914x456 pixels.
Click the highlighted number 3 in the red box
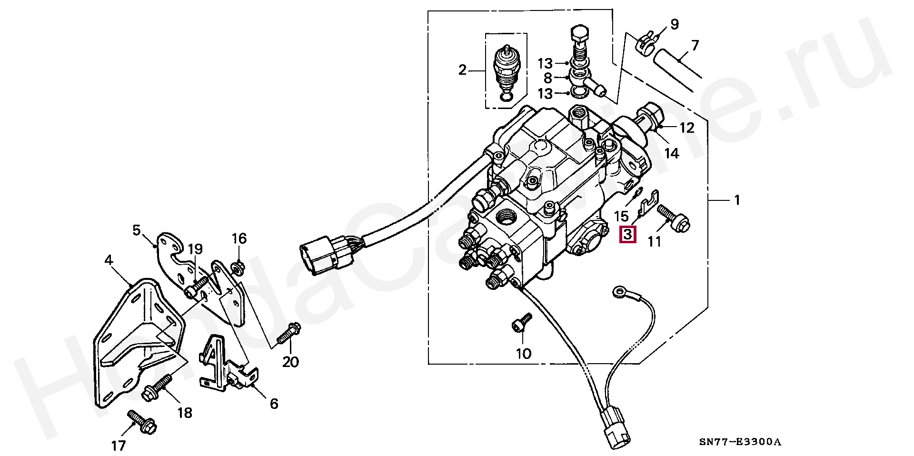pyautogui.click(x=627, y=234)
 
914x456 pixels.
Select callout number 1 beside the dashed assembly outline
pyautogui.click(x=737, y=200)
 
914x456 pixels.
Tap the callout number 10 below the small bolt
pyautogui.click(x=523, y=354)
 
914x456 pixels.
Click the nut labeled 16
pyautogui.click(x=237, y=268)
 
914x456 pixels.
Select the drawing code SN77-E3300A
pyautogui.click(x=740, y=442)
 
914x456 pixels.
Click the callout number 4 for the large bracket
pyautogui.click(x=109, y=260)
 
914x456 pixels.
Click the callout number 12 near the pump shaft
pyautogui.click(x=686, y=128)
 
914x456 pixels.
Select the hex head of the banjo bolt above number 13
pyautogui.click(x=579, y=34)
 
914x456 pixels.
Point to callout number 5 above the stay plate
pyautogui.click(x=137, y=230)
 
